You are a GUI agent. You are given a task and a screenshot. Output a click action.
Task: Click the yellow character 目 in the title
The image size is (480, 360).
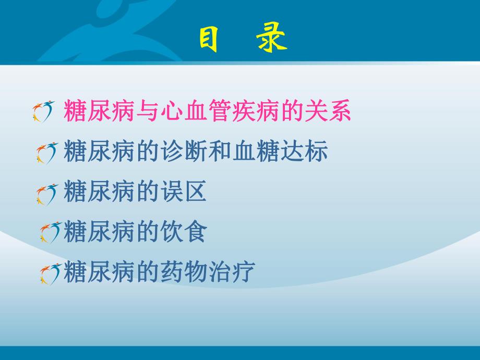pyautogui.click(x=208, y=39)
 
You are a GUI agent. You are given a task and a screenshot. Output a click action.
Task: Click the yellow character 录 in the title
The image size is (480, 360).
pyautogui.click(x=272, y=39)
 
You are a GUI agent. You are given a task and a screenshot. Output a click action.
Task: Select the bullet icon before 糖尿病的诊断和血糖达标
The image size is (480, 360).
pyautogui.click(x=47, y=153)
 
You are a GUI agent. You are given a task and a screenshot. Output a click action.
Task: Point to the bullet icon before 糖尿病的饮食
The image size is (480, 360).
pyautogui.click(x=51, y=232)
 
